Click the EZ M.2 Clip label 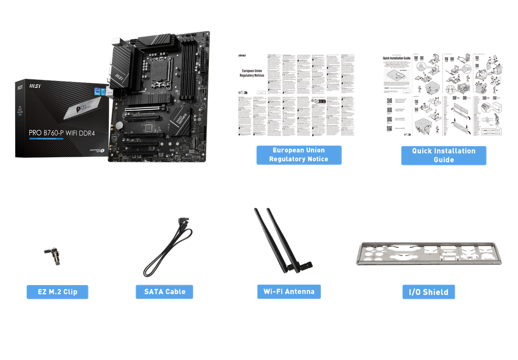(57, 292)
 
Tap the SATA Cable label (164, 292)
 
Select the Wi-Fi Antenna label (289, 292)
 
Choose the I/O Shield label (428, 292)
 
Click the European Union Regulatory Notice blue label (298, 155)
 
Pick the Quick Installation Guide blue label (444, 155)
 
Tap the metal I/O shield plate (428, 253)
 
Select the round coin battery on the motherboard (119, 125)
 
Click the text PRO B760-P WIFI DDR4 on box (62, 133)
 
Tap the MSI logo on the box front (22, 86)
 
